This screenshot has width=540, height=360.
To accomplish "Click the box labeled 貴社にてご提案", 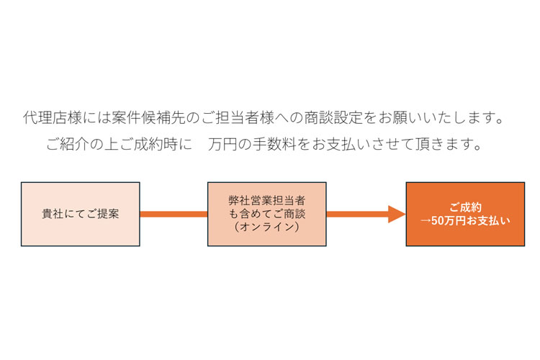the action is click(80, 214).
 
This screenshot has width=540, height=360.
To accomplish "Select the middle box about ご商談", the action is click(267, 214).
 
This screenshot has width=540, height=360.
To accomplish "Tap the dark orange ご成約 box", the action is click(465, 214).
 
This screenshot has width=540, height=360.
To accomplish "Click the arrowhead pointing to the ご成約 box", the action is click(397, 214).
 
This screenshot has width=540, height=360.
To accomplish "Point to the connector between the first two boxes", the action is click(174, 214).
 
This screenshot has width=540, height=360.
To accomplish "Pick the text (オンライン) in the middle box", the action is click(267, 227).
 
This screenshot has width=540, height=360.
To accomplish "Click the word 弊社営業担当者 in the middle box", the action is click(267, 200).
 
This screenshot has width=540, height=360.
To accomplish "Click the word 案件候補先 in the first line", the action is click(148, 118).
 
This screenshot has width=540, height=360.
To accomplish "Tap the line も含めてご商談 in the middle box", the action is click(267, 214).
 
